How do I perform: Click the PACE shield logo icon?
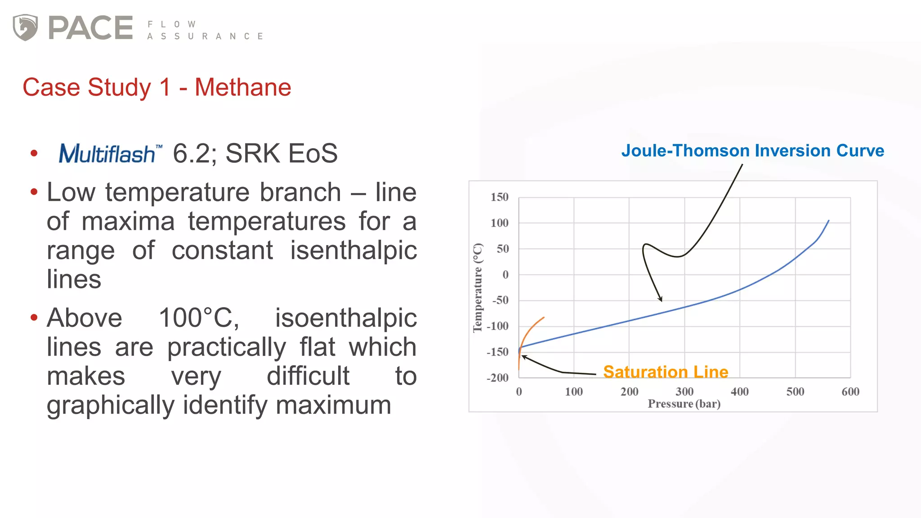pyautogui.click(x=25, y=27)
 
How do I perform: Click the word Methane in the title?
pyautogui.click(x=243, y=87)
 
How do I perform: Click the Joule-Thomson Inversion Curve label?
pyautogui.click(x=752, y=151)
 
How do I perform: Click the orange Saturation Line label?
pyautogui.click(x=665, y=372)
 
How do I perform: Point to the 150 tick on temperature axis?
pyautogui.click(x=499, y=197)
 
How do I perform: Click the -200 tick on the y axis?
pyautogui.click(x=497, y=378)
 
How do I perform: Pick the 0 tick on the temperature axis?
pyautogui.click(x=505, y=275)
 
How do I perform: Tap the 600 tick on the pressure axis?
pyautogui.click(x=850, y=392)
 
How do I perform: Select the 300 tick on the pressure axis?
pyautogui.click(x=684, y=392)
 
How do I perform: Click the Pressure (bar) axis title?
pyautogui.click(x=684, y=404)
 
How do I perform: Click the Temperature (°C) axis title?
pyautogui.click(x=478, y=288)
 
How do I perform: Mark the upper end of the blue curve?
pyautogui.click(x=828, y=221)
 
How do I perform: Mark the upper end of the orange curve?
pyautogui.click(x=544, y=317)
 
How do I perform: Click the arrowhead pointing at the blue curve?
pyautogui.click(x=661, y=299)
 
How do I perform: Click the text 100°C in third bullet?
pyautogui.click(x=198, y=318)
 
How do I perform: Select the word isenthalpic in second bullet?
pyautogui.click(x=353, y=250)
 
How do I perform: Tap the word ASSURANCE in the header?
pyautogui.click(x=205, y=36)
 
